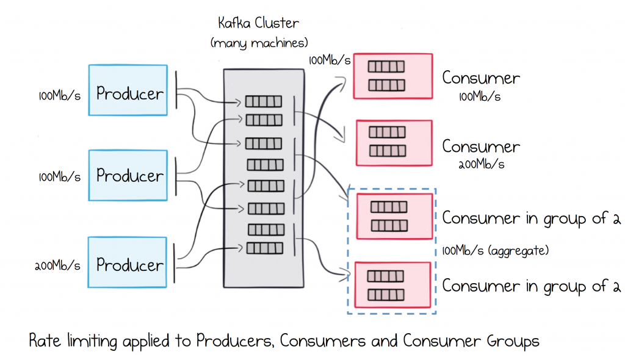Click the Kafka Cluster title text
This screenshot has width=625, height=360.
258,23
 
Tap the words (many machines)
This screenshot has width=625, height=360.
259,43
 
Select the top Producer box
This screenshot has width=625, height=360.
128,90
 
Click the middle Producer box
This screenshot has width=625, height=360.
128,175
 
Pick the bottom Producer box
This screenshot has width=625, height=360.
128,262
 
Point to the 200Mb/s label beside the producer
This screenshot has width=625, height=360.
57,265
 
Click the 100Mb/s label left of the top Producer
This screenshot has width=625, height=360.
59,96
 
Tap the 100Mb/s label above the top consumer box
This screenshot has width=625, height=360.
329,60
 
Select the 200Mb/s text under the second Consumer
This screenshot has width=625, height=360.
481,164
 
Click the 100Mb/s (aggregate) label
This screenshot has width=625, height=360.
496,250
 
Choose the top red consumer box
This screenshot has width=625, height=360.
393,76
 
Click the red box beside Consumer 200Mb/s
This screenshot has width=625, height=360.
394,143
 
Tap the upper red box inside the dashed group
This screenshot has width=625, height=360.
395,216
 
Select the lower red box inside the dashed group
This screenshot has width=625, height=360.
392,285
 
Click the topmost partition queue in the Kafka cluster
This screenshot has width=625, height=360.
264,101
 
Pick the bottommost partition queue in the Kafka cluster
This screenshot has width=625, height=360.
265,248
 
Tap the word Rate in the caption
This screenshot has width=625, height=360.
45,341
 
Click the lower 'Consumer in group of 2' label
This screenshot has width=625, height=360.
532,286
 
